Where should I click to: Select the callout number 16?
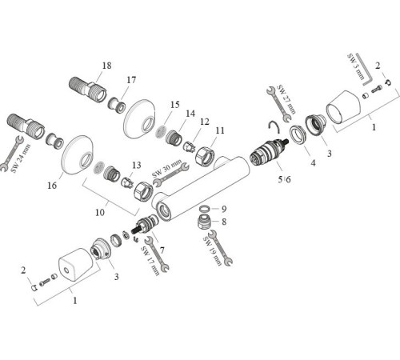(x=51, y=186)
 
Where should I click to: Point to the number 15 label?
(x=175, y=105)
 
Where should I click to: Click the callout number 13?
(x=137, y=165)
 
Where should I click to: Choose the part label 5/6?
(x=285, y=178)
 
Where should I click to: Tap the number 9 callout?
(x=225, y=209)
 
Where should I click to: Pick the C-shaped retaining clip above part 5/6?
(x=274, y=124)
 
